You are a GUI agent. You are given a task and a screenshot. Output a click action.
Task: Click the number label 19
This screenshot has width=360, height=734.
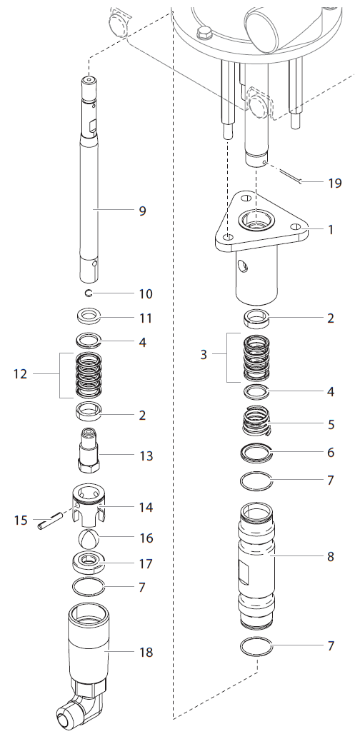tap(335, 183)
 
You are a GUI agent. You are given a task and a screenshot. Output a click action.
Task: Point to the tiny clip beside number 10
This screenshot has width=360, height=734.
tap(87, 293)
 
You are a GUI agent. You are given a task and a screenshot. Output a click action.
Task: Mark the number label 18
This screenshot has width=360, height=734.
tap(146, 652)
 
